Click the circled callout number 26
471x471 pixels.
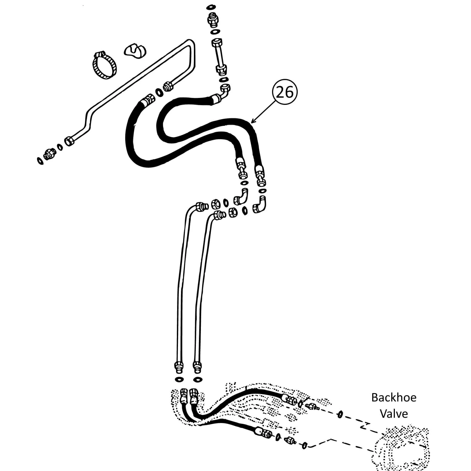pyautogui.click(x=285, y=92)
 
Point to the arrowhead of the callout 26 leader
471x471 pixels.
pyautogui.click(x=252, y=122)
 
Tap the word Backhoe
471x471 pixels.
pyautogui.click(x=394, y=398)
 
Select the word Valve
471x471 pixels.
pyautogui.click(x=394, y=414)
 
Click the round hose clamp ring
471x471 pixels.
pyautogui.click(x=104, y=65)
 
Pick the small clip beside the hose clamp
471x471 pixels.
pyautogui.click(x=135, y=51)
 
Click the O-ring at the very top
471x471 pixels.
pyautogui.click(x=211, y=7)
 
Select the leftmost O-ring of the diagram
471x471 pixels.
pyautogui.click(x=40, y=161)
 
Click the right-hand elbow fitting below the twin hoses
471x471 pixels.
pyautogui.click(x=260, y=204)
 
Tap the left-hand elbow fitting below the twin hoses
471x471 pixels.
pyautogui.click(x=241, y=197)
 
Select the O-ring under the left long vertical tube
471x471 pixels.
pyautogui.click(x=179, y=379)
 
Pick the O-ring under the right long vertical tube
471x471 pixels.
pyautogui.click(x=198, y=380)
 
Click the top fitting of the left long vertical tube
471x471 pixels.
pyautogui.click(x=201, y=206)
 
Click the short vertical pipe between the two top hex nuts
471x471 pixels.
pyautogui.click(x=220, y=55)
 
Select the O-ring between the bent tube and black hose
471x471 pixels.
pyautogui.click(x=159, y=92)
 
